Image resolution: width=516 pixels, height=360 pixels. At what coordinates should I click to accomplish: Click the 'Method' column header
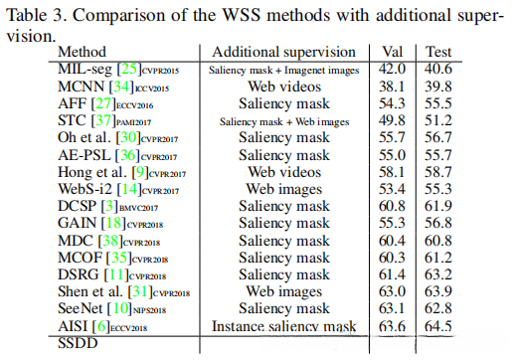coord(82,52)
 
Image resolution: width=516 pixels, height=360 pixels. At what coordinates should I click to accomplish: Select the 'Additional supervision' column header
coord(283,52)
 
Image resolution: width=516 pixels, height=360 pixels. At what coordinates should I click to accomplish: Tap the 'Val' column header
coord(396,52)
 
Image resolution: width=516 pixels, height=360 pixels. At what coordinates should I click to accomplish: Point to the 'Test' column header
coord(438,52)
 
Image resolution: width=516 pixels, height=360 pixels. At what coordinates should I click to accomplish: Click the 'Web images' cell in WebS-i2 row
coord(284,189)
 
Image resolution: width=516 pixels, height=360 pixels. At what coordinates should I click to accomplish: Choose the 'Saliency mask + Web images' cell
coord(284,120)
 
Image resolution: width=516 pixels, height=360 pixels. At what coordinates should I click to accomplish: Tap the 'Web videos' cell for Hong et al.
coord(284,172)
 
